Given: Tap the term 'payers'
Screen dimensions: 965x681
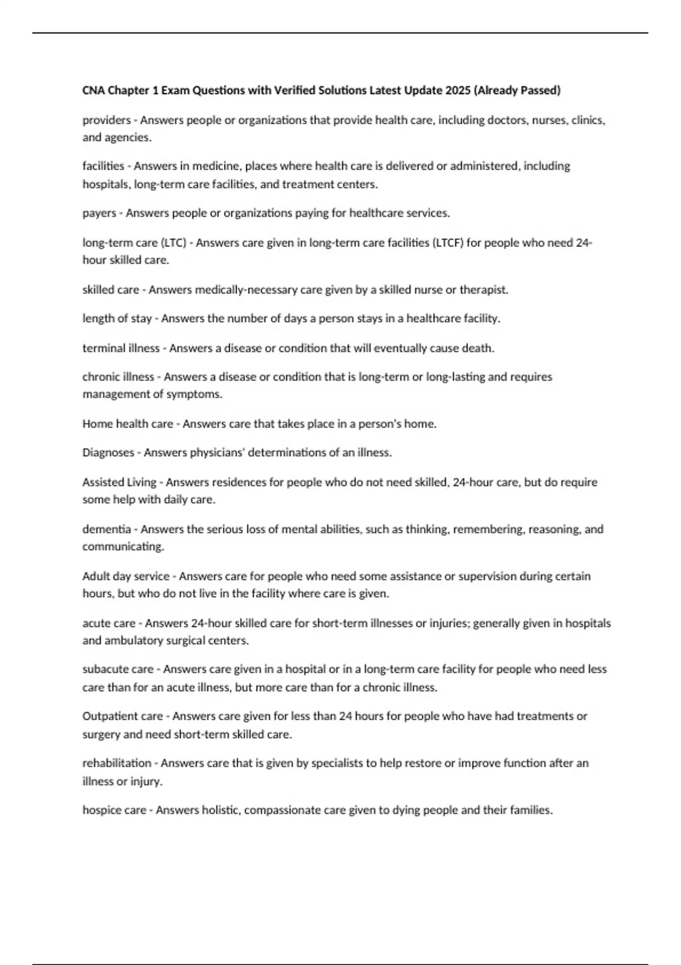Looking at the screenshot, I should (x=99, y=213).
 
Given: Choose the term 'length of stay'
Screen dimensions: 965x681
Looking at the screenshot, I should (x=117, y=318).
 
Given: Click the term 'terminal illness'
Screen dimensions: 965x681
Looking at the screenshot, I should (x=121, y=348).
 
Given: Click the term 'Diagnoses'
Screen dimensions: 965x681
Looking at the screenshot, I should (x=108, y=453).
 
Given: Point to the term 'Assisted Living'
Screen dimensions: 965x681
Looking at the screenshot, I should (x=119, y=482).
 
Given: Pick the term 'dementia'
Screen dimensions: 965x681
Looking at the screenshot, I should (x=107, y=529).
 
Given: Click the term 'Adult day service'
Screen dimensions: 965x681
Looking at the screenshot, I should (x=126, y=576).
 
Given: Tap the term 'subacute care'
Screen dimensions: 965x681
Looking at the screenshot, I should (x=118, y=669).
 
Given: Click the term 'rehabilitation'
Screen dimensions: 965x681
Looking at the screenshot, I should (x=117, y=763).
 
